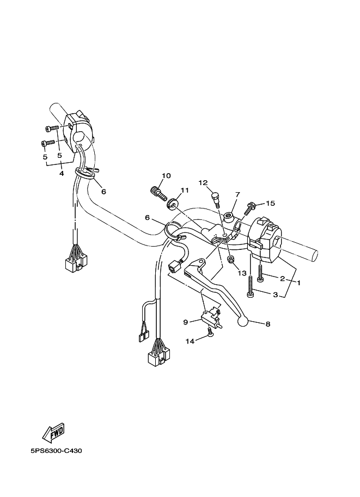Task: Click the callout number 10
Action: coord(166,175)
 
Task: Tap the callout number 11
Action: coord(184,190)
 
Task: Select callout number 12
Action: coord(203,183)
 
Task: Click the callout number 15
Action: coord(270,203)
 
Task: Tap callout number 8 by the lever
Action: coord(267,324)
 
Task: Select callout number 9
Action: coord(185,322)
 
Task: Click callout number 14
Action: coord(190,341)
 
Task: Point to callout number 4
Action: coord(62,173)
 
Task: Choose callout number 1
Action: coord(298,283)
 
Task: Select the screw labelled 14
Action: coord(210,334)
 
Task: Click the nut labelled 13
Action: coord(231,259)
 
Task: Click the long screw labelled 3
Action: coord(250,287)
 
